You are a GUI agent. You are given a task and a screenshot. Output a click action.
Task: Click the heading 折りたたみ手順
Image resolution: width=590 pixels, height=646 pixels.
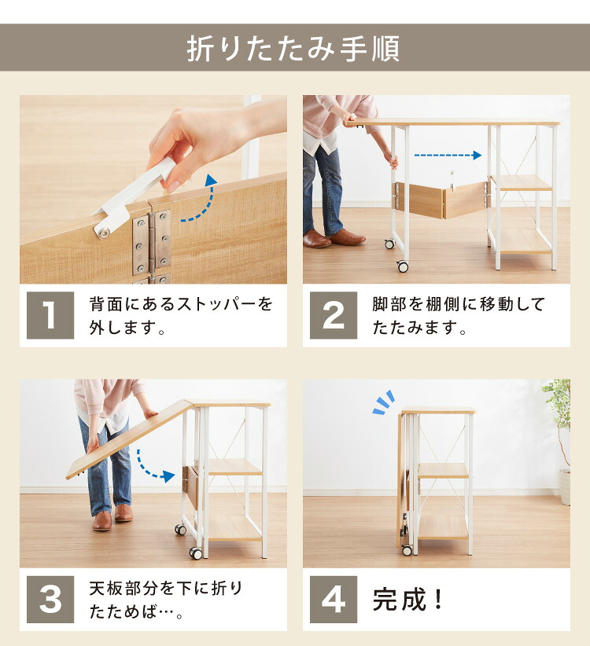(x=293, y=48)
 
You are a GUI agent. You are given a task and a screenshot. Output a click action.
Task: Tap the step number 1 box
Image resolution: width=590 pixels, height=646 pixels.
(x=50, y=315)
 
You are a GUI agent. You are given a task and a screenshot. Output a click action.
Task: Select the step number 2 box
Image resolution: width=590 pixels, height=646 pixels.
(x=334, y=315)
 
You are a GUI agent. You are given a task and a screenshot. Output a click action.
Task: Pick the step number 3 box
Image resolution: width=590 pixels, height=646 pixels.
(x=50, y=600)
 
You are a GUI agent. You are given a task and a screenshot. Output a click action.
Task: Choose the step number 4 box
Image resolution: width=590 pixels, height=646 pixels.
(x=334, y=600)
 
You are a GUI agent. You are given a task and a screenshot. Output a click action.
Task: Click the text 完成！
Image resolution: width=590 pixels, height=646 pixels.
(x=408, y=600)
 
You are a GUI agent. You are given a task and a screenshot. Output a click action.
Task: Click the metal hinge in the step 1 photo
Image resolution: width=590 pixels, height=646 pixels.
(x=152, y=242)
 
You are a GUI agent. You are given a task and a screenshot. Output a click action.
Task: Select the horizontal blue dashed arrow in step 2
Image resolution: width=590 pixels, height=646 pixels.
(x=448, y=156)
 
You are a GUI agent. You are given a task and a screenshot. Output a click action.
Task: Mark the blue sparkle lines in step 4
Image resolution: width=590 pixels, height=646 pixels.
(x=384, y=402)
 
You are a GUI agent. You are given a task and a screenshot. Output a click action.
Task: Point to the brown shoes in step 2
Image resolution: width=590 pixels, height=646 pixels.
(x=334, y=238)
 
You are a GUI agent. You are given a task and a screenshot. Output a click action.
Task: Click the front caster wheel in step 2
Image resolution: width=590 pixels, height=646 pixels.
(x=403, y=266)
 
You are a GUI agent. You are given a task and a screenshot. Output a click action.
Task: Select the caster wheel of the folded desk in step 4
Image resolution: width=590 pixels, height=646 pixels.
(x=407, y=549)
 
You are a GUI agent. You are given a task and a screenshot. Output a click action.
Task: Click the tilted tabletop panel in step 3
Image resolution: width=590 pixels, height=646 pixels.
(x=130, y=439)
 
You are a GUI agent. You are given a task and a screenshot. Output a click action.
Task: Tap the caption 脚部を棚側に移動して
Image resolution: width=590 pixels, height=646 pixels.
(x=459, y=304)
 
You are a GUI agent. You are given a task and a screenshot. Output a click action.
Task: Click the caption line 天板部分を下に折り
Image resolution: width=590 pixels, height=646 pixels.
(x=166, y=589)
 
